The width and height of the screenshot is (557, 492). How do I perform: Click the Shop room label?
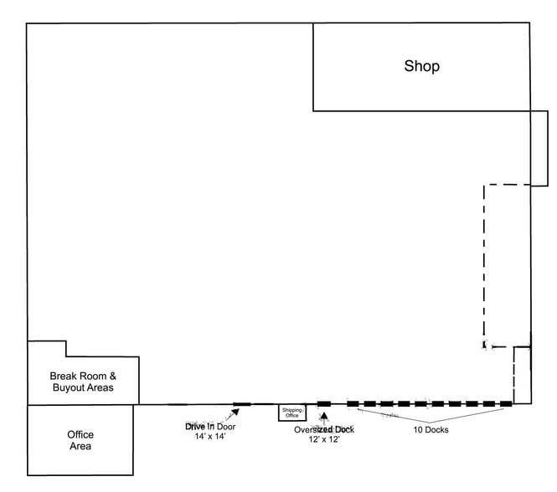(421, 67)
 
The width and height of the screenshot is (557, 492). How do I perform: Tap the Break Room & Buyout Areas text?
(82, 382)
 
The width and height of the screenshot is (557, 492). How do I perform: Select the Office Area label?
(80, 440)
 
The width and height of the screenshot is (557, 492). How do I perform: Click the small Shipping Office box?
(292, 412)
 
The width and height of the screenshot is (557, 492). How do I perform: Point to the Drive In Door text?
(205, 426)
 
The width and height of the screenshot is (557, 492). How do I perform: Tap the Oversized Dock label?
(323, 429)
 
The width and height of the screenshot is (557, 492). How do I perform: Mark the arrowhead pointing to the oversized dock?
(324, 415)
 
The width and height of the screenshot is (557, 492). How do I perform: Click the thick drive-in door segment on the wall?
(242, 404)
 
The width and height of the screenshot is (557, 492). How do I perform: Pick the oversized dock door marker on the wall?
(324, 404)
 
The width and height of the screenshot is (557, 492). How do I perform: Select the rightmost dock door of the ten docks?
(506, 404)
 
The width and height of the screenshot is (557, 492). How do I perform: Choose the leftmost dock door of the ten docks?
(349, 404)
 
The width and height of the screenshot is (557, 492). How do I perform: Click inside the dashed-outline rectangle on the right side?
(507, 264)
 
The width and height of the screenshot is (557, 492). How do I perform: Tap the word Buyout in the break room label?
(70, 388)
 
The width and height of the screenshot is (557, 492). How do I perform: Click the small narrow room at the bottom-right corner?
(522, 374)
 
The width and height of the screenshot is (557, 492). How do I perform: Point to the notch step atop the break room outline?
(66, 348)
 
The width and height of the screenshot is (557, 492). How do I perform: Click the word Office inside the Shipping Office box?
(292, 415)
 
